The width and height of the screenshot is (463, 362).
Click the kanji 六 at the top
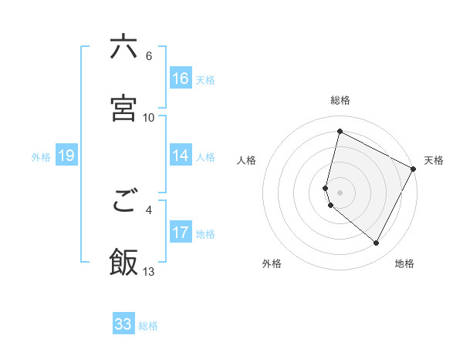[123, 47]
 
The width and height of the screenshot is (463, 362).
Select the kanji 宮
[123, 109]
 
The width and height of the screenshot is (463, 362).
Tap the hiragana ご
[123, 203]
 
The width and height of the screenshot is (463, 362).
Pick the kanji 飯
[123, 262]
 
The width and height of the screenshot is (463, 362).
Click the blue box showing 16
[181, 79]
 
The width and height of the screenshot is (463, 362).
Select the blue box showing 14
[181, 156]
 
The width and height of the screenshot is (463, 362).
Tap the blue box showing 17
[181, 233]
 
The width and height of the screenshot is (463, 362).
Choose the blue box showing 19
[66, 156]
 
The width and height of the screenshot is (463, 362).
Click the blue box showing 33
[123, 324]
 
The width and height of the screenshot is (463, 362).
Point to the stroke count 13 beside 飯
[149, 271]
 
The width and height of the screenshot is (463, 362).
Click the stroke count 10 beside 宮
[149, 117]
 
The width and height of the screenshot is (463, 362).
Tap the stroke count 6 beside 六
[149, 56]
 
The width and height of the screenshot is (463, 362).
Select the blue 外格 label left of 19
[41, 157]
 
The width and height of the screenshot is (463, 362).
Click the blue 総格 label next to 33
[148, 326]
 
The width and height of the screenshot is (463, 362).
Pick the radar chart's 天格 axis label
[434, 160]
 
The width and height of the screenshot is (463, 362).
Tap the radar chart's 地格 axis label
[404, 263]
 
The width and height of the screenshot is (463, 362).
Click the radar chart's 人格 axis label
[247, 160]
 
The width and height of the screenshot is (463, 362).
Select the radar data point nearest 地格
[377, 243]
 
